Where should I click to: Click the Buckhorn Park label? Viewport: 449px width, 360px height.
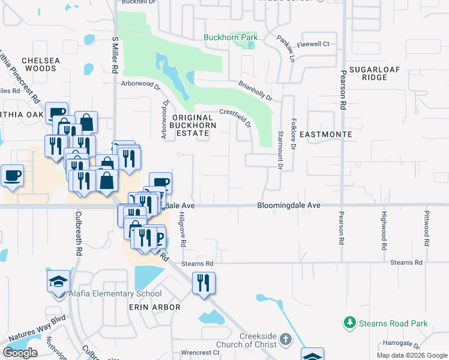point(231,37)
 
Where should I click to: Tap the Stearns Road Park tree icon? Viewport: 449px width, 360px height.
point(349,323)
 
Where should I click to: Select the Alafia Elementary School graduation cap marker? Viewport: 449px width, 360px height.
point(59,281)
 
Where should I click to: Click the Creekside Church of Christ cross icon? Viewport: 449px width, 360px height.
point(285,340)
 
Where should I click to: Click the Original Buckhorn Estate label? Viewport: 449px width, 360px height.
point(192,125)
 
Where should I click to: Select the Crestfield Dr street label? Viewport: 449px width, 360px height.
point(235,115)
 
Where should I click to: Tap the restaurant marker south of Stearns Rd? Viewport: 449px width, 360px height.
point(203,283)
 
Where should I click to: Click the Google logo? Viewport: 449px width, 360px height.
point(20,353)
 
